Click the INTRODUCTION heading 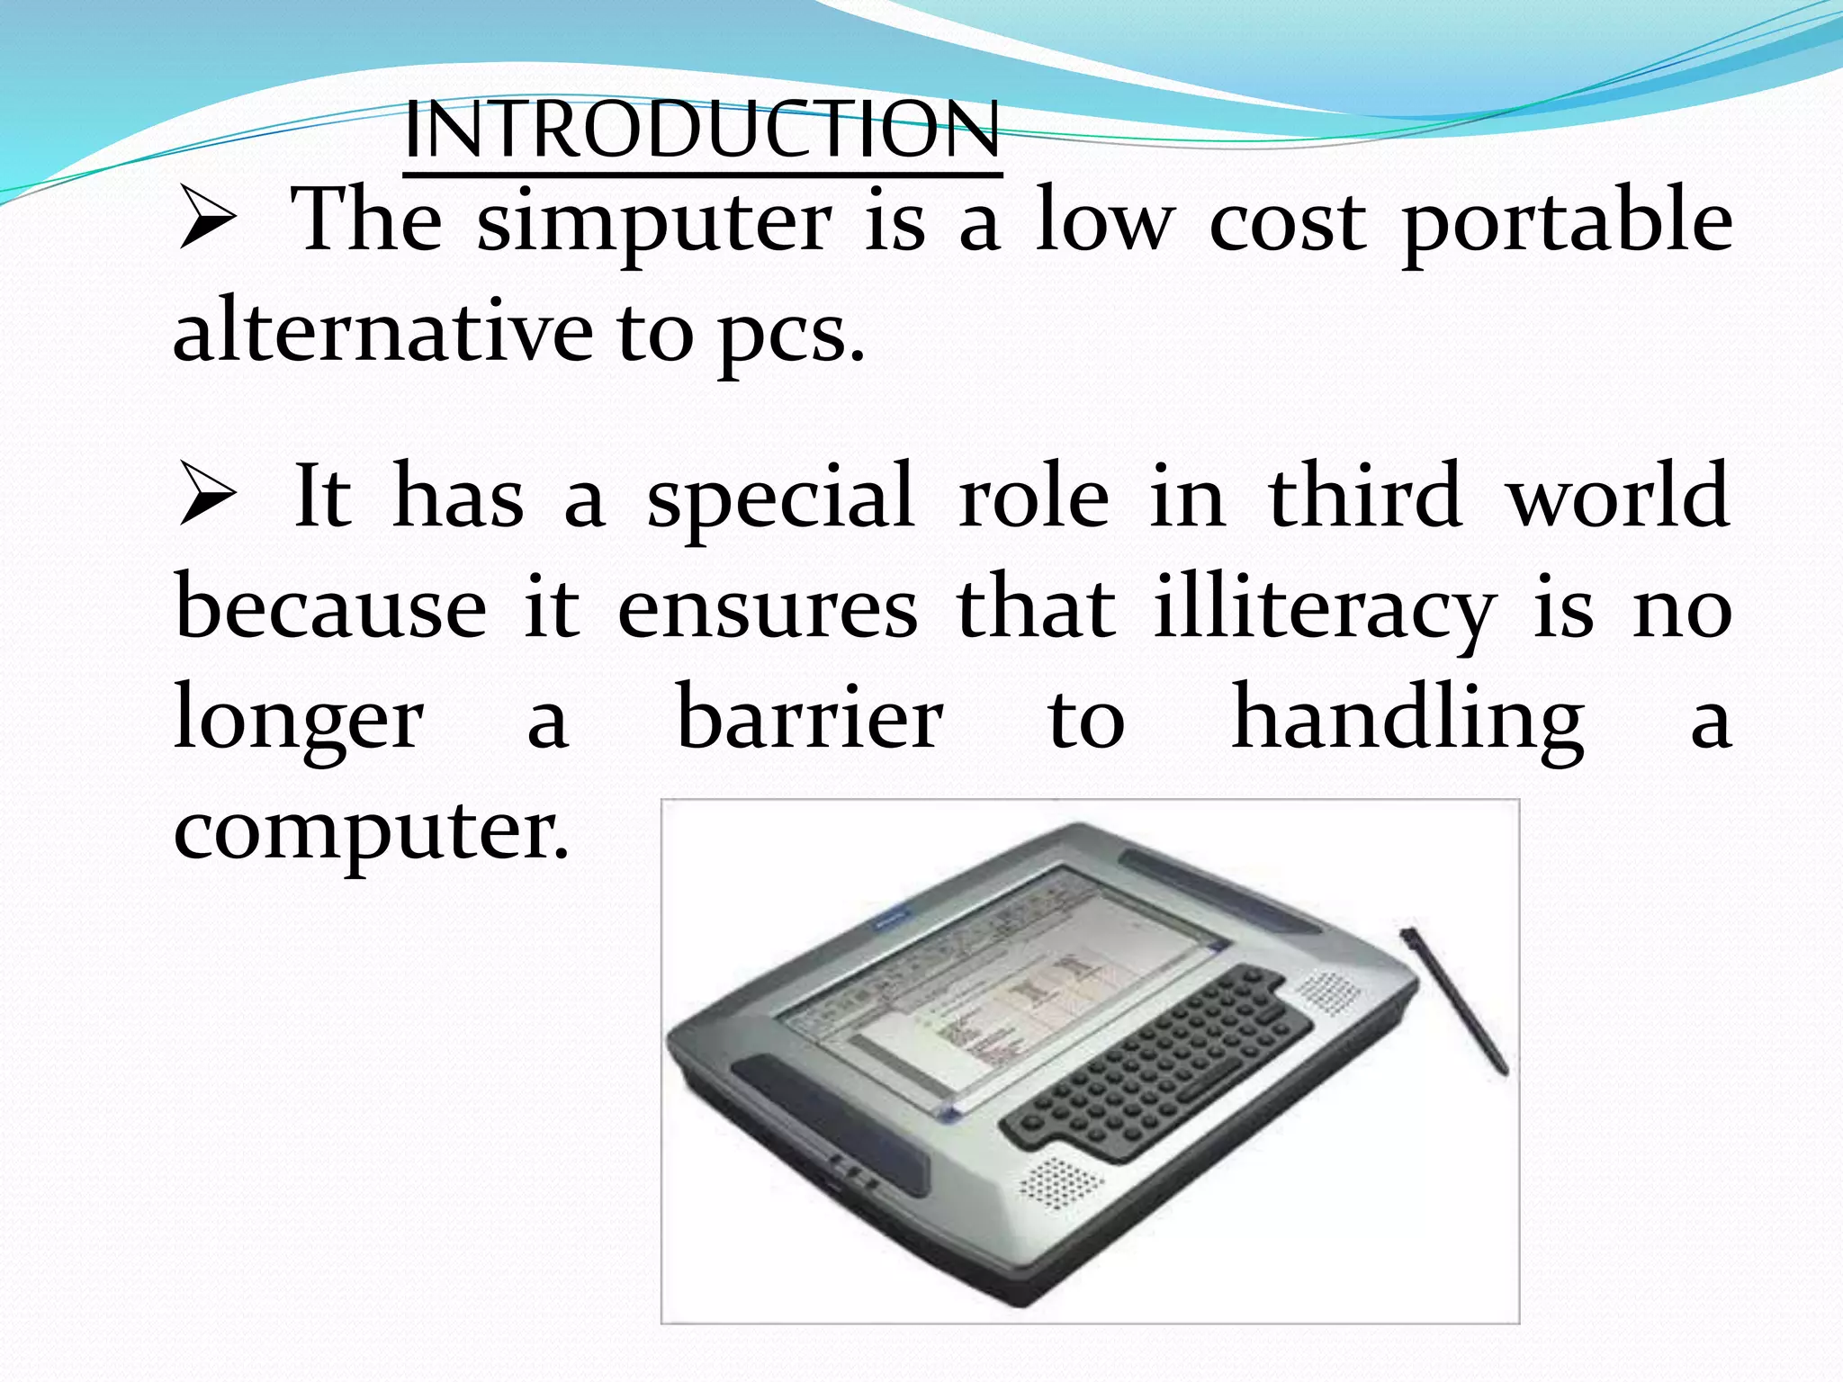point(701,130)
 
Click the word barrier point(809,718)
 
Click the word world point(1617,495)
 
